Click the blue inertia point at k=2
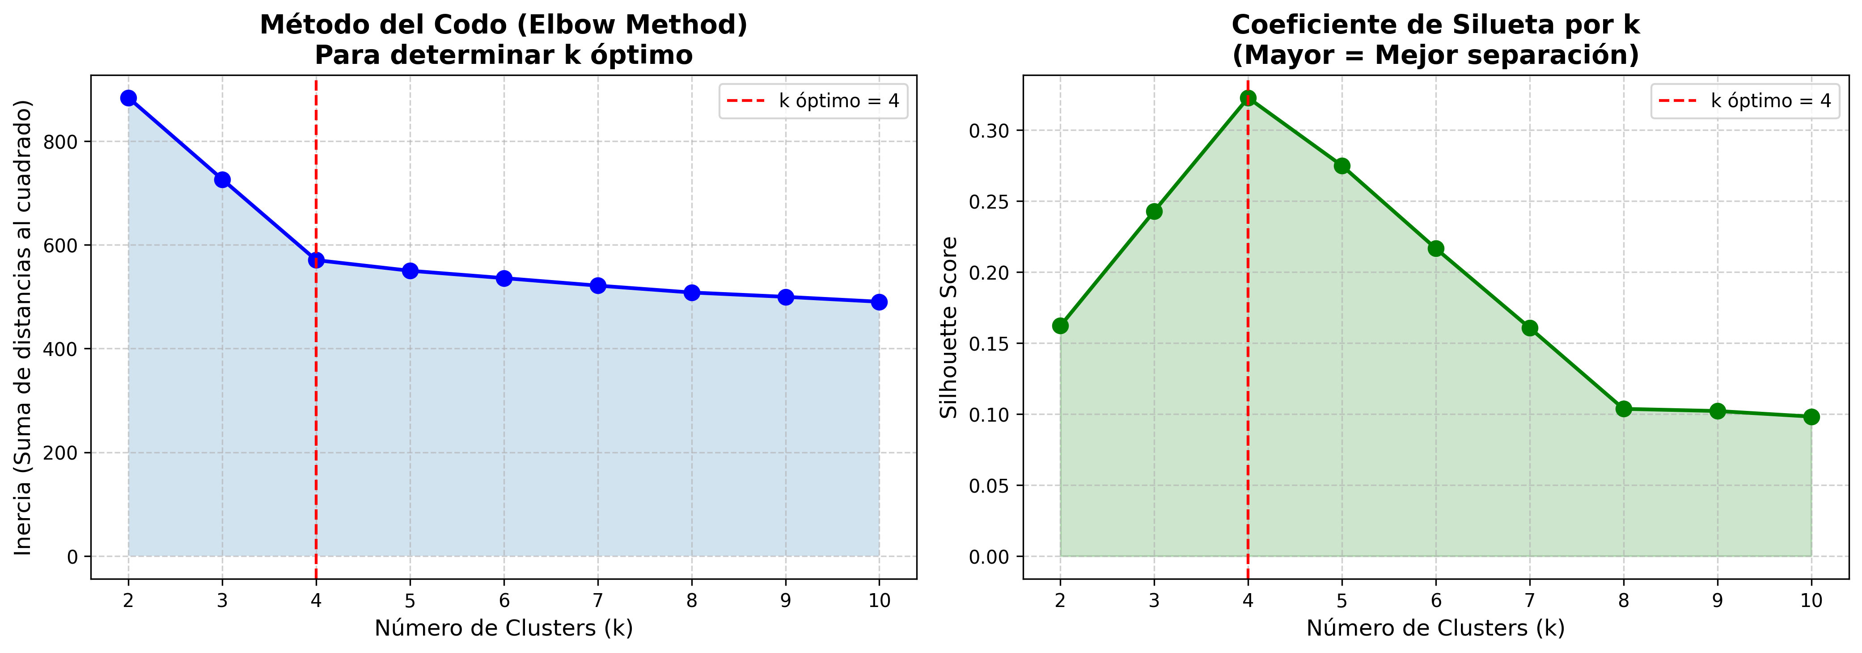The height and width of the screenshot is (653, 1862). [129, 98]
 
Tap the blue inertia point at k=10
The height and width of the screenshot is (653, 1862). [879, 302]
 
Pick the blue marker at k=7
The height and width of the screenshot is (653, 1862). [598, 286]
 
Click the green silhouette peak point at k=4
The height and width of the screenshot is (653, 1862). [1248, 98]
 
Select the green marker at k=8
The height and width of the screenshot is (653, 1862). [1624, 409]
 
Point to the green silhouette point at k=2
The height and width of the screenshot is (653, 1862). [1060, 326]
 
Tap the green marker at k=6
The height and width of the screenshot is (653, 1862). [1435, 248]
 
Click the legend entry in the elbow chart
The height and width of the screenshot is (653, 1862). [813, 101]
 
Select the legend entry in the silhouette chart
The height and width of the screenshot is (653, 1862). [1745, 101]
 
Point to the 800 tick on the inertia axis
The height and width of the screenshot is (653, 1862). [61, 142]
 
